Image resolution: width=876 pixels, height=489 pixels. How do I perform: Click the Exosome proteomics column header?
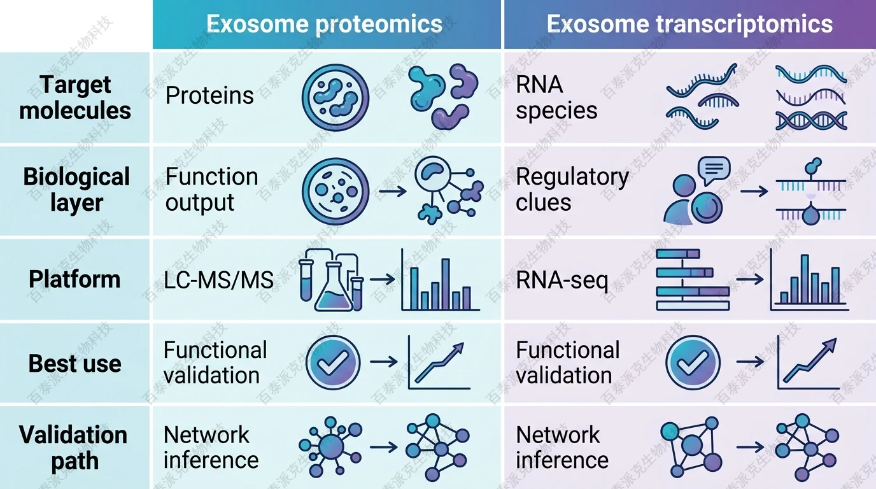coord(324,24)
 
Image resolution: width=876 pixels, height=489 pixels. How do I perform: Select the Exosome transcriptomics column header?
coord(689,24)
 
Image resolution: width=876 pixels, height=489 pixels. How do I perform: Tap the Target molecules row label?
coord(75,97)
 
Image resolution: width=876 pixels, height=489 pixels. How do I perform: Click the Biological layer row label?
coord(76,189)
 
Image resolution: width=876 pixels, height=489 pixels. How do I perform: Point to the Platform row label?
coord(74,279)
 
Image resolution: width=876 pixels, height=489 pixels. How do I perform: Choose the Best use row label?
coord(74,363)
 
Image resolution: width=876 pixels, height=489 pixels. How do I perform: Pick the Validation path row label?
coord(74,448)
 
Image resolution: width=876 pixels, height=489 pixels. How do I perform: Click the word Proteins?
coord(209,96)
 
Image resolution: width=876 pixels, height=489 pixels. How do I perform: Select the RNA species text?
coord(556,97)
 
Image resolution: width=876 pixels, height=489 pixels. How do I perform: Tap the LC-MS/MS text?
coord(218,280)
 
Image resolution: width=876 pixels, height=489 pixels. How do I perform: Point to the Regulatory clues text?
coord(572,189)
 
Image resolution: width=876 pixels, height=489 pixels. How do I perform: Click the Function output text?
coord(211,189)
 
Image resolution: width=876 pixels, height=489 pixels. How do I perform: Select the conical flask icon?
coord(333,287)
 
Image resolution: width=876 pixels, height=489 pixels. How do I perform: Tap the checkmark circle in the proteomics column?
coord(332,362)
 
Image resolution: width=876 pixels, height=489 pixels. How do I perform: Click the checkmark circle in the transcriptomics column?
coord(693,362)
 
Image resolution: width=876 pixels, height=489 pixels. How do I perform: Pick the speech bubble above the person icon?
coord(713,169)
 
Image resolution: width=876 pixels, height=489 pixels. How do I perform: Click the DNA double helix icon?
coord(811,120)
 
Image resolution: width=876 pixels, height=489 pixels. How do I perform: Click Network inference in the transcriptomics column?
coord(562,447)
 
